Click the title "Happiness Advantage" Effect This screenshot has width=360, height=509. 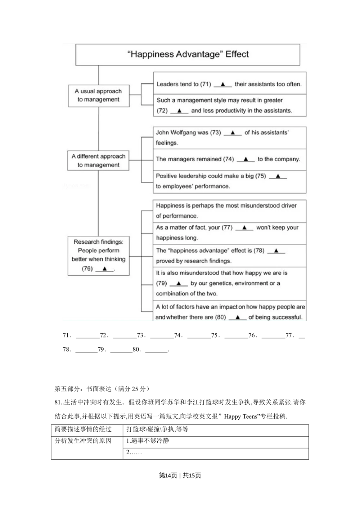coord(188,54)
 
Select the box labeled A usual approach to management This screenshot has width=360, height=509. coord(98,95)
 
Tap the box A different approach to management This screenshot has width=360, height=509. coord(98,161)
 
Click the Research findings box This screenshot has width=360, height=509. coord(98,255)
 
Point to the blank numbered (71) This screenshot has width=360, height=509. coord(222,84)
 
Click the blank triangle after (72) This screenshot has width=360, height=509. coord(179,111)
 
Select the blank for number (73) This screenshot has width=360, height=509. coord(233,133)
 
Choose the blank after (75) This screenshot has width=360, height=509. coord(278,176)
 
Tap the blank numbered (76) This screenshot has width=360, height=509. coord(104,269)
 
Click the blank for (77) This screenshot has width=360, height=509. coord(244,228)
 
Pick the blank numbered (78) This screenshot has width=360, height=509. coord(276,251)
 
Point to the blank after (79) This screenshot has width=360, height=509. coord(179,284)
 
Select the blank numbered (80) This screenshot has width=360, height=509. coord(238,317)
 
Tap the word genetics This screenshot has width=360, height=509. coord(220,283)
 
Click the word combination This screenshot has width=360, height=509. coord(171,294)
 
